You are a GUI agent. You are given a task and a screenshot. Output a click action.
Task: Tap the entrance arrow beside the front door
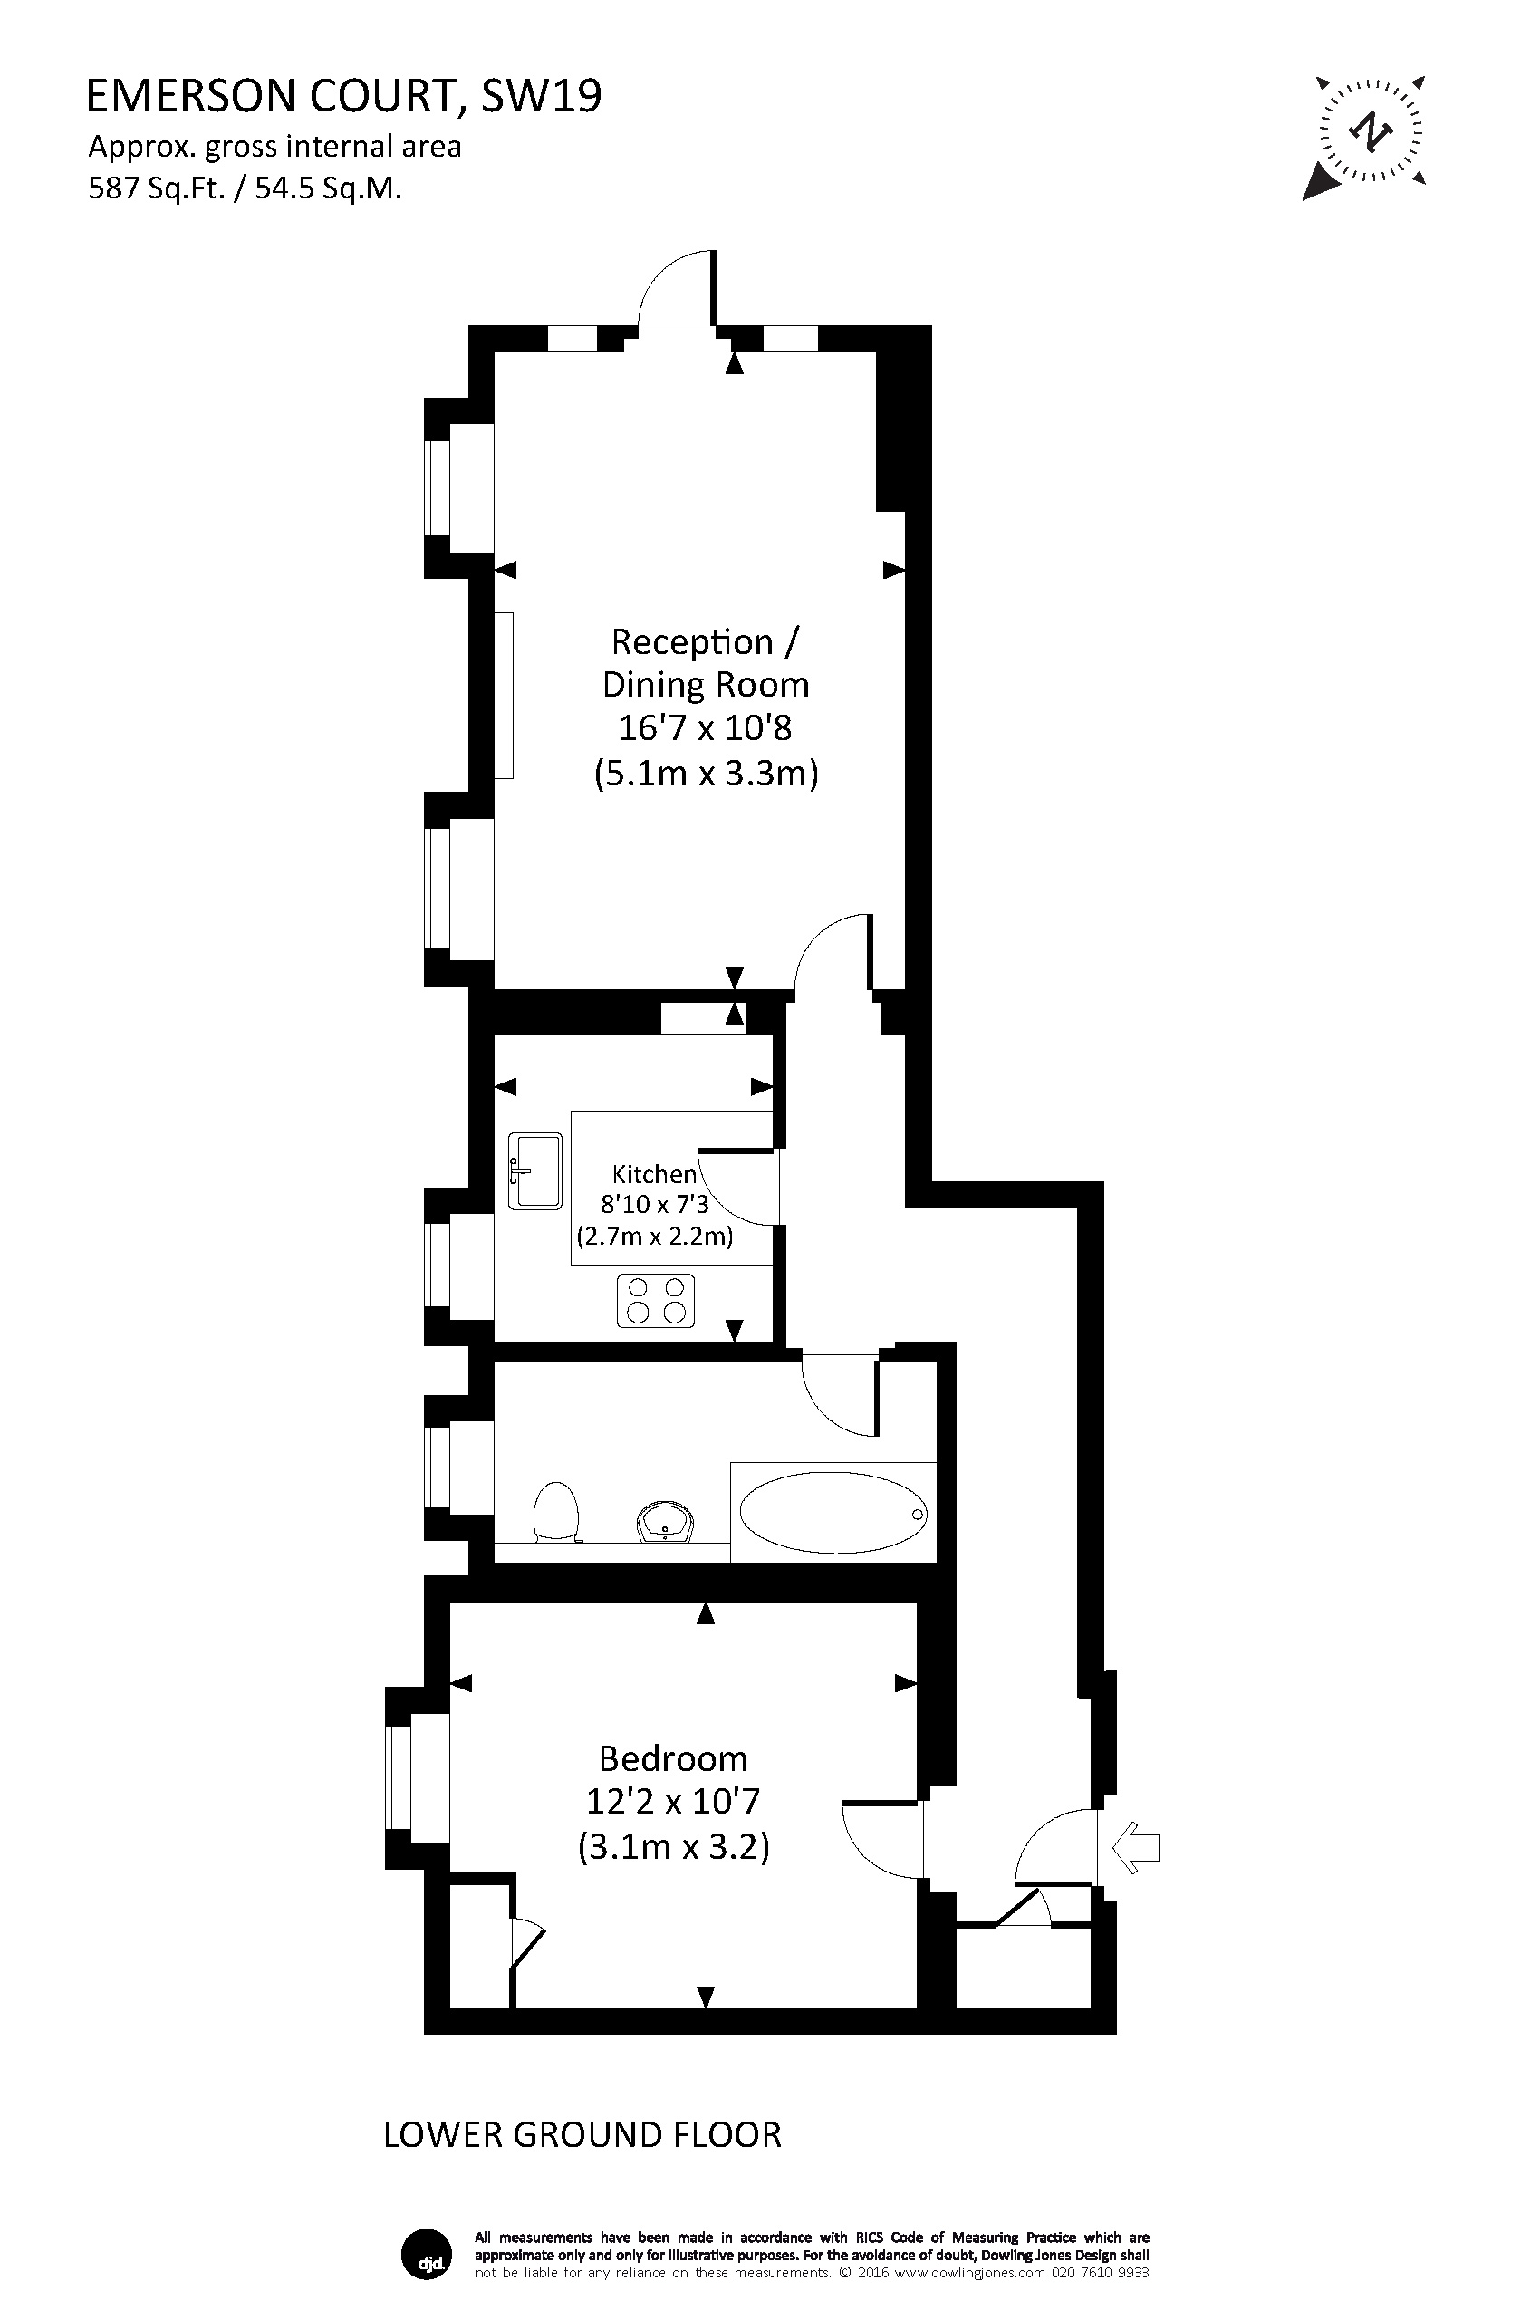(1135, 1847)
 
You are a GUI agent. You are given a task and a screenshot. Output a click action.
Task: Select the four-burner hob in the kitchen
(655, 1300)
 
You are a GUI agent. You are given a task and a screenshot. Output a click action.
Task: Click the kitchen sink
(535, 1170)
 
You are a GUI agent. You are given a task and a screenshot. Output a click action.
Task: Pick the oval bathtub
(833, 1514)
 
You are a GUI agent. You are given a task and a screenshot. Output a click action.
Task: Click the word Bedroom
(673, 1758)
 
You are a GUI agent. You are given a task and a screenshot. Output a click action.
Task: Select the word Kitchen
(654, 1174)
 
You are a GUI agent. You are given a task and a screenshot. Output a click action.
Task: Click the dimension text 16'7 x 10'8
(705, 727)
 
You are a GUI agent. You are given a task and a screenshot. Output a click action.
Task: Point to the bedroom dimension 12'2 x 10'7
(673, 1801)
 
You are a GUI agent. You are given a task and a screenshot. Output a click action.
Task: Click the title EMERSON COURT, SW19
(343, 96)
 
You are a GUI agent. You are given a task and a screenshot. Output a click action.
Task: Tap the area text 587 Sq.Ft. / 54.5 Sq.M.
(245, 188)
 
